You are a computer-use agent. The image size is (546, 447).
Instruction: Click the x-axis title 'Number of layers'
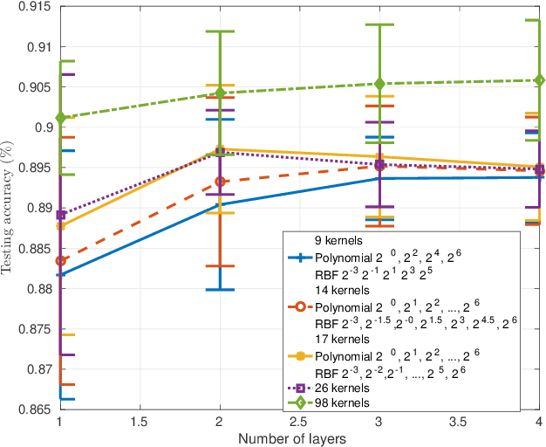point(300,437)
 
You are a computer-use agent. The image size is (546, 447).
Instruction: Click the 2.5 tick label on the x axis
point(299,420)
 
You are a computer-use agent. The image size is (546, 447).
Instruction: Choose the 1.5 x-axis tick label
point(140,420)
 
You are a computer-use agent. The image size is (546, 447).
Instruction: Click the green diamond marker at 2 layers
point(220,93)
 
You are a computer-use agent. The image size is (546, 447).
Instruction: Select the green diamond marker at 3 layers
point(379,84)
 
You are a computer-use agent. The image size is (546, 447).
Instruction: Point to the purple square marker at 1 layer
point(60,215)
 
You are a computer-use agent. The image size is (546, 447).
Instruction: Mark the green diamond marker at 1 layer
point(60,117)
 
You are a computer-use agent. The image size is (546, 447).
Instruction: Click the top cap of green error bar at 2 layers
point(220,31)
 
